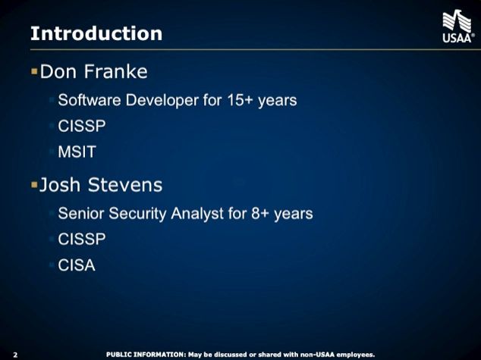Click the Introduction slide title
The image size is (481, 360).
tap(96, 33)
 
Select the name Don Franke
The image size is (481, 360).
tap(93, 72)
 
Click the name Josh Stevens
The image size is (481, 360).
tap(100, 185)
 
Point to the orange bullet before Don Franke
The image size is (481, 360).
tap(33, 72)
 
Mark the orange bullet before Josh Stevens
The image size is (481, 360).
tap(33, 185)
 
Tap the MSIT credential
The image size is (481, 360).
tap(77, 152)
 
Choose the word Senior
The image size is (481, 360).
tap(81, 213)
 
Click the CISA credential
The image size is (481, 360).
tap(77, 265)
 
